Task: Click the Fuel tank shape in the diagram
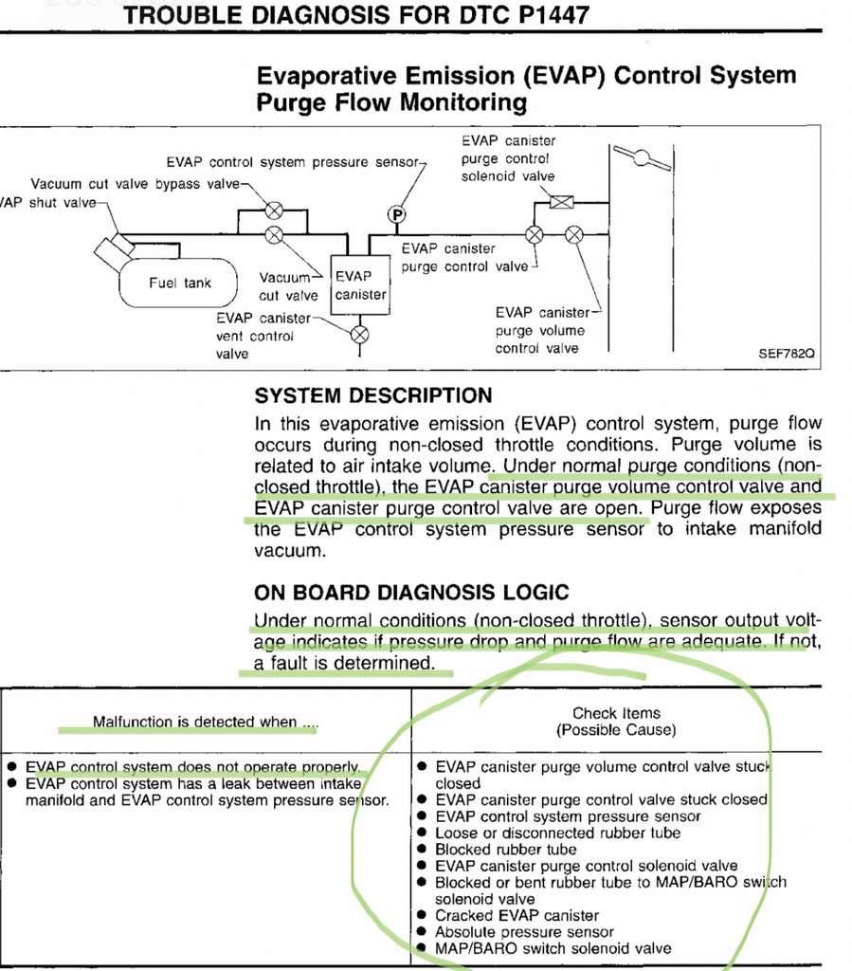pyautogui.click(x=179, y=283)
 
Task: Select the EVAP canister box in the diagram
pyautogui.click(x=360, y=284)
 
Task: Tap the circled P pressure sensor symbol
pyautogui.click(x=397, y=215)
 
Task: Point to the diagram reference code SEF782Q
pyautogui.click(x=786, y=352)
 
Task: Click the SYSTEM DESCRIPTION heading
pyautogui.click(x=373, y=395)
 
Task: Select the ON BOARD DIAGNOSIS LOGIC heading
pyautogui.click(x=411, y=594)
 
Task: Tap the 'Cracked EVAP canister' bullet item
pyautogui.click(x=517, y=915)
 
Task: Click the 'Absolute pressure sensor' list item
pyautogui.click(x=524, y=932)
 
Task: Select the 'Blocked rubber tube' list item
pyautogui.click(x=505, y=850)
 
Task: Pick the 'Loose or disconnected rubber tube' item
pyautogui.click(x=558, y=833)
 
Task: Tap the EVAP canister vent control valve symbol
pyautogui.click(x=359, y=334)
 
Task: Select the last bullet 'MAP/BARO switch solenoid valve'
pyautogui.click(x=553, y=948)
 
